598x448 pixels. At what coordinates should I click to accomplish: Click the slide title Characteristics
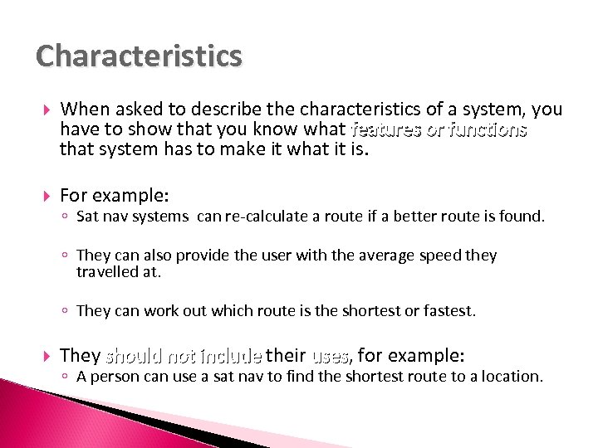click(139, 56)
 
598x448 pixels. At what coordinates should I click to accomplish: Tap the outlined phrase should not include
click(183, 357)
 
